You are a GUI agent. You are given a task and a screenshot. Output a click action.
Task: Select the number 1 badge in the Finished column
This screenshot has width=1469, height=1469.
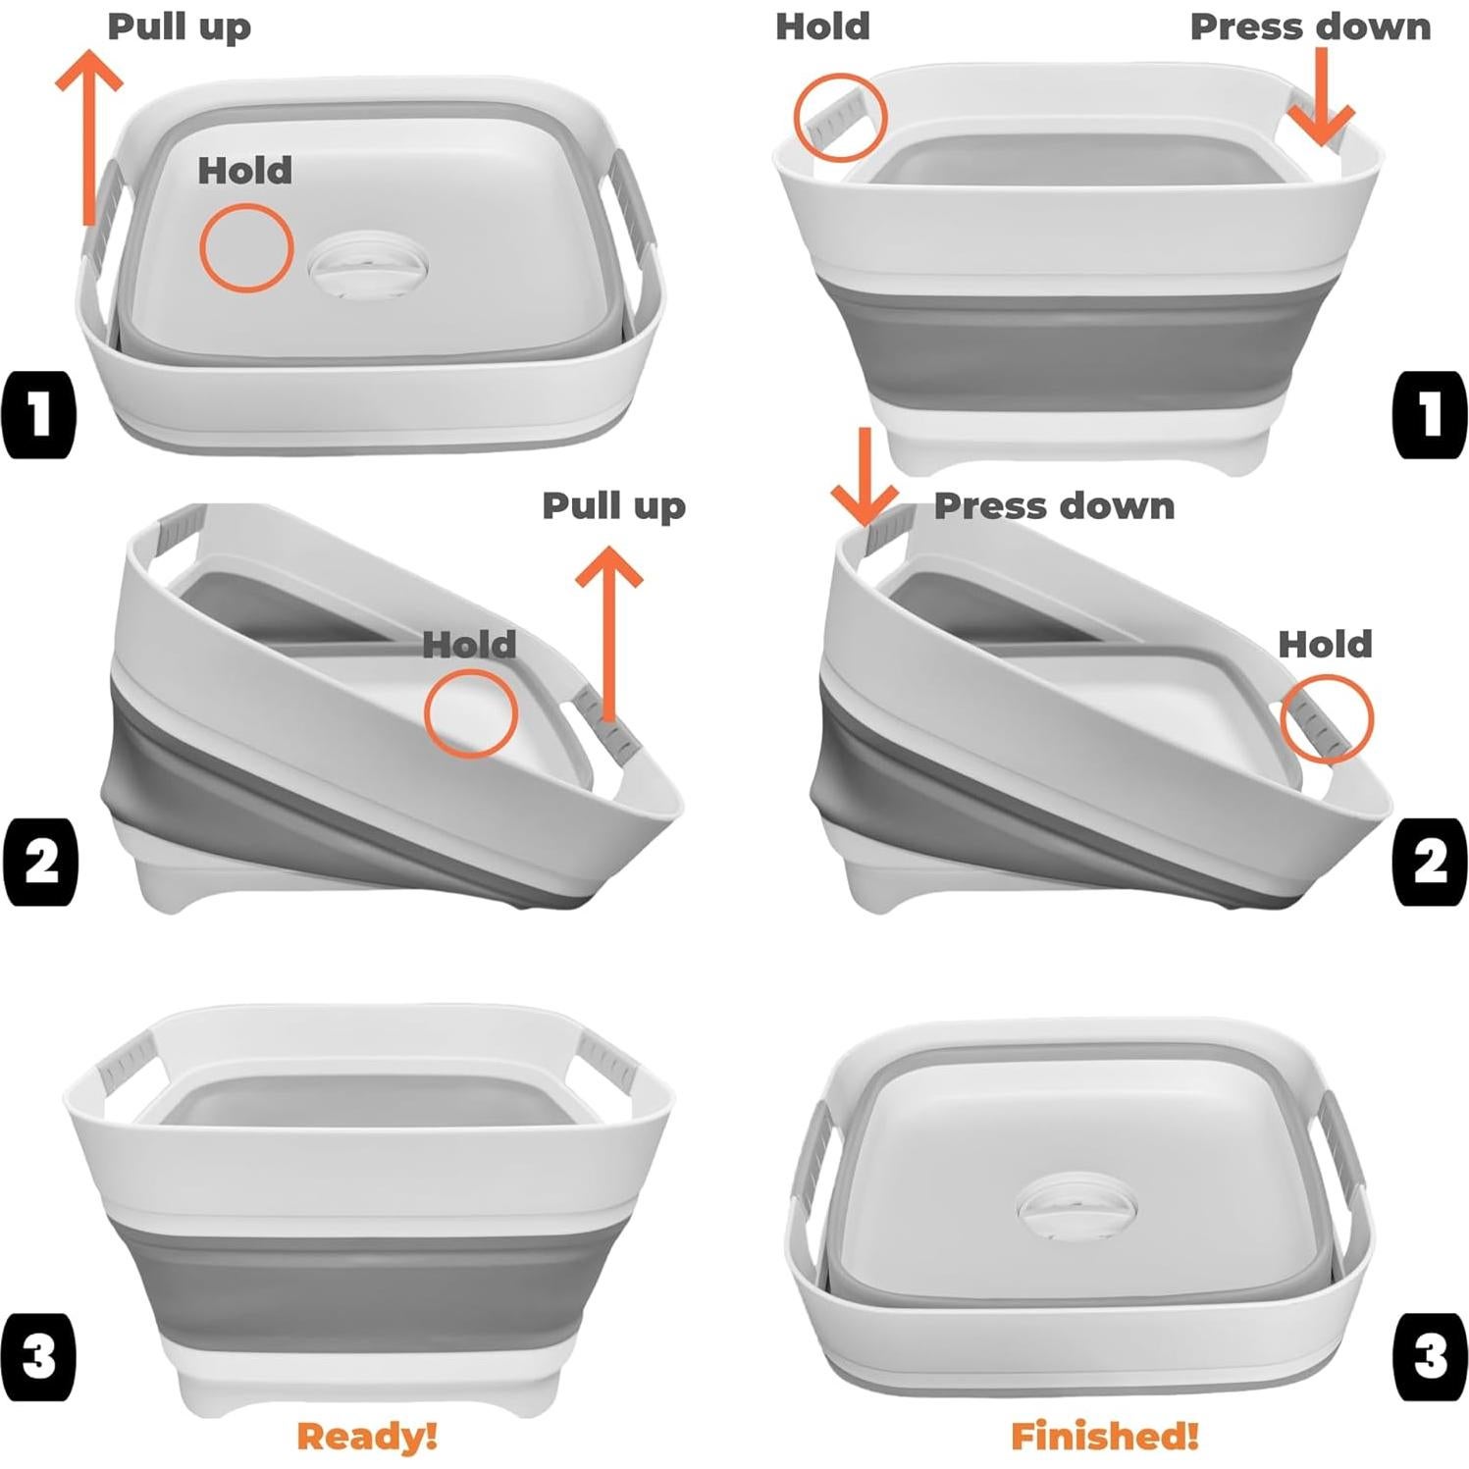pos(1430,413)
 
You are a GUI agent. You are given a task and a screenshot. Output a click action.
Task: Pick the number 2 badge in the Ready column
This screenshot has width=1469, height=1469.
pos(40,861)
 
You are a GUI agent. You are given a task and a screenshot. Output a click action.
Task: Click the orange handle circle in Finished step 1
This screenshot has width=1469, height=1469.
pos(840,116)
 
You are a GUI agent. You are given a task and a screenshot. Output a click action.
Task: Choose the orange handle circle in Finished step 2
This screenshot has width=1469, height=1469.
pos(1327,719)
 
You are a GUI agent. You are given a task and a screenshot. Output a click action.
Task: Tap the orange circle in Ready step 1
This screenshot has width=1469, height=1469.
pos(246,247)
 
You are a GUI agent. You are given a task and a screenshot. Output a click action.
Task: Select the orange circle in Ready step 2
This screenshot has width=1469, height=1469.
pos(470,713)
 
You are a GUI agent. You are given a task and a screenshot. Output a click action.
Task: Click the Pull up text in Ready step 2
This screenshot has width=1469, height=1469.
pos(613,506)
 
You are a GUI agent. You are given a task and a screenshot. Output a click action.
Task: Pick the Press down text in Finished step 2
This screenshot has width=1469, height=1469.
pos(1054,506)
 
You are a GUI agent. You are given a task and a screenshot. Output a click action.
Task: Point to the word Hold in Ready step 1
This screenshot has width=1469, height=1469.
pos(245,171)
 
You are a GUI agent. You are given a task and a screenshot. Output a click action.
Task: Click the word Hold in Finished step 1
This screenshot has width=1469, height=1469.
pos(822,26)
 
